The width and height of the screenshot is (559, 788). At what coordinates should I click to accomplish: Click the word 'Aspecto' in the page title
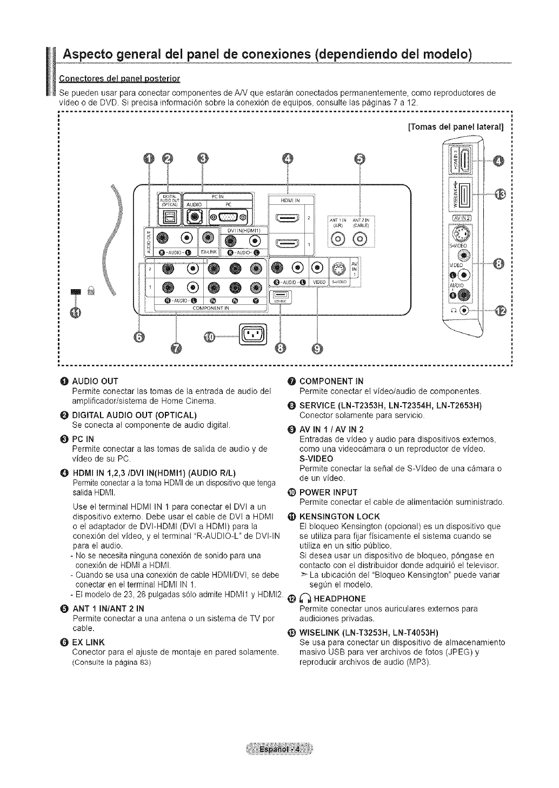pos(95,55)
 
